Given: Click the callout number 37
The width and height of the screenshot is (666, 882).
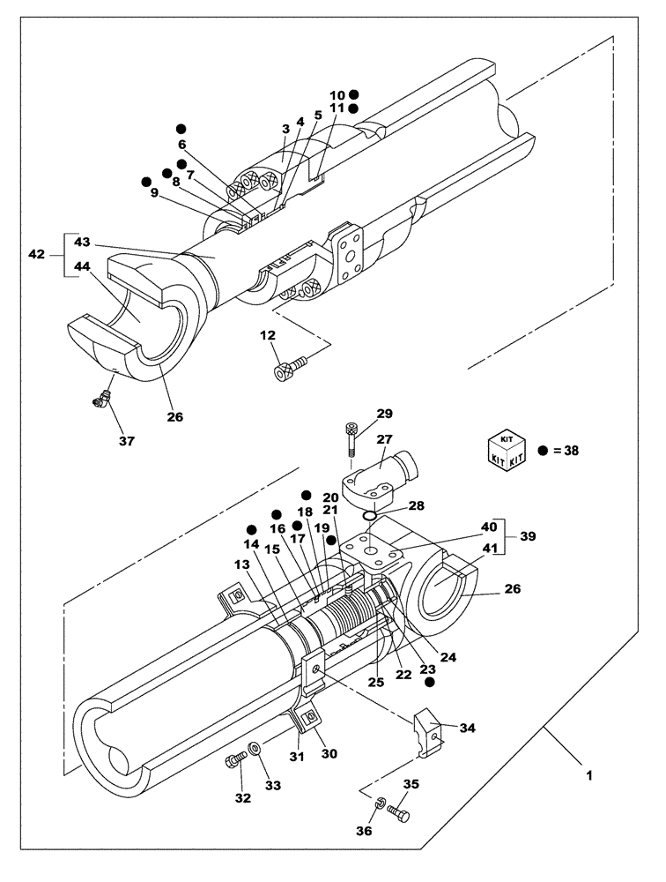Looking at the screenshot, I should click(127, 440).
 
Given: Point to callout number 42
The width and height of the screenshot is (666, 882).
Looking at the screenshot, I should click(37, 254).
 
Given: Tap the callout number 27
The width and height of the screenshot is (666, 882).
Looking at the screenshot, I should click(383, 439).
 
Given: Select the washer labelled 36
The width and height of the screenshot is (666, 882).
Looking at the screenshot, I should click(378, 804).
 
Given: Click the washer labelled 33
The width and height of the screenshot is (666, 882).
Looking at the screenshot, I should click(255, 749).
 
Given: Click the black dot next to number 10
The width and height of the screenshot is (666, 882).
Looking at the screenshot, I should click(354, 93).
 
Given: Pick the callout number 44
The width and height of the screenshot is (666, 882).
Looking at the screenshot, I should click(82, 265).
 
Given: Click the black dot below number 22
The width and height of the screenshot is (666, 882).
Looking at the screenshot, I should click(430, 682).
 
